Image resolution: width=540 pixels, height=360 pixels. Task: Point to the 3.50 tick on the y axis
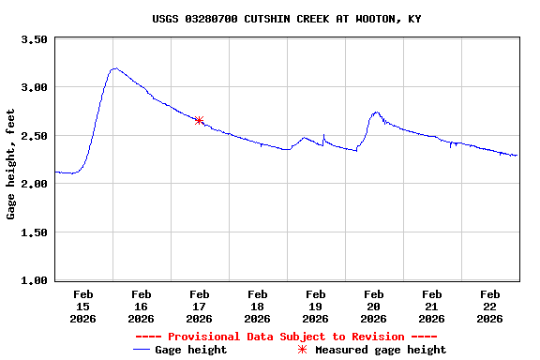coord(34,39)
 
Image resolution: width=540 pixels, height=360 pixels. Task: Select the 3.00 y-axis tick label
coord(34,87)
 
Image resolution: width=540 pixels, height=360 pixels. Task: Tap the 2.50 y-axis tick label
coord(34,136)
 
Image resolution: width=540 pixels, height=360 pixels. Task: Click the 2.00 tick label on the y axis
coord(34,184)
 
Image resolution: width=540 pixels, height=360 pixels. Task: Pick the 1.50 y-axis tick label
coord(34,232)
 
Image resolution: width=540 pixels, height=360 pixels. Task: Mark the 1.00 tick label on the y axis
coord(34,280)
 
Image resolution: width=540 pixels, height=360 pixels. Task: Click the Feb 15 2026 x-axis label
coord(82,307)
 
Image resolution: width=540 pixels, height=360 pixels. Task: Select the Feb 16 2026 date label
coord(141,307)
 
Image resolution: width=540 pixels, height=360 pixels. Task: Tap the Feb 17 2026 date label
coord(199,307)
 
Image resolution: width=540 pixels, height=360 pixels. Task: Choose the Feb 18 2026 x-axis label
coord(257,307)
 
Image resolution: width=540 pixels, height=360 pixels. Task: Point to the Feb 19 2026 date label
coord(315,307)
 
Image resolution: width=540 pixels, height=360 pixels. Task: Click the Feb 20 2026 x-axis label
coord(373,307)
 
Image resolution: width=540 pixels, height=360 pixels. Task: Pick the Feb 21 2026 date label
coord(431,307)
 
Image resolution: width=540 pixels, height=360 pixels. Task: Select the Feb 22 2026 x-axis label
coord(489,307)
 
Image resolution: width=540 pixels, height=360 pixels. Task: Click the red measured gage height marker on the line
coord(199,120)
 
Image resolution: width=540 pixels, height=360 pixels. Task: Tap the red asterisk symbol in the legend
coord(302,350)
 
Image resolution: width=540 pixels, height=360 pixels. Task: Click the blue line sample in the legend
coord(142,350)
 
